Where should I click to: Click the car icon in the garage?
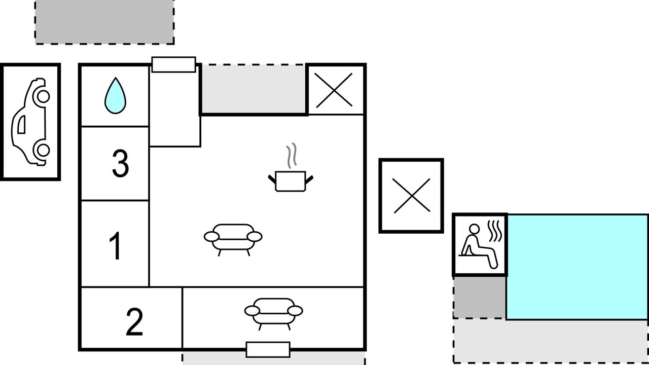tap(30, 122)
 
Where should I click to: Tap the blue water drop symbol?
tap(115, 96)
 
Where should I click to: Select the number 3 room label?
tap(120, 163)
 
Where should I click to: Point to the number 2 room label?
tap(134, 322)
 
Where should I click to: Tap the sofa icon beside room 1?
tap(233, 240)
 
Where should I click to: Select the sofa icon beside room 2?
tap(274, 314)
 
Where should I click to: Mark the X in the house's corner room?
tap(334, 90)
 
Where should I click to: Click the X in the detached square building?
tap(412, 196)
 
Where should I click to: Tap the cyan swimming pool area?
tap(578, 267)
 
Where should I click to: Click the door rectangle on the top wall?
tap(174, 64)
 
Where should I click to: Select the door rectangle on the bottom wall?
tap(268, 350)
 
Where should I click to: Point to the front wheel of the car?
tap(43, 96)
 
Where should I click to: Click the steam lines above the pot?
tap(292, 155)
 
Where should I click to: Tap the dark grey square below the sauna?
tap(480, 297)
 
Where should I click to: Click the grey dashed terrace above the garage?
tap(104, 22)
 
